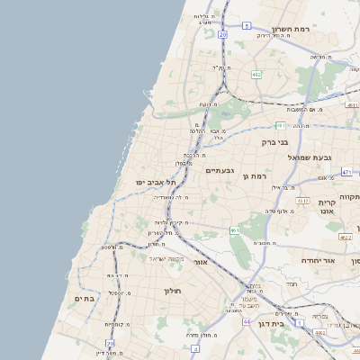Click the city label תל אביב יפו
tap(156, 182)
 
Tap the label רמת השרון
tap(290, 30)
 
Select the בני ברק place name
tap(274, 141)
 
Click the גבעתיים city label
tap(220, 170)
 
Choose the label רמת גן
tap(257, 176)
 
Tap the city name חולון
tap(173, 291)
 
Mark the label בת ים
tap(85, 298)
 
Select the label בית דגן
tap(291, 322)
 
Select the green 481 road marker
tap(281, 125)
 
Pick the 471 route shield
tap(346, 171)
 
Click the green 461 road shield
tap(235, 230)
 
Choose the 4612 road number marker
tap(303, 200)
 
